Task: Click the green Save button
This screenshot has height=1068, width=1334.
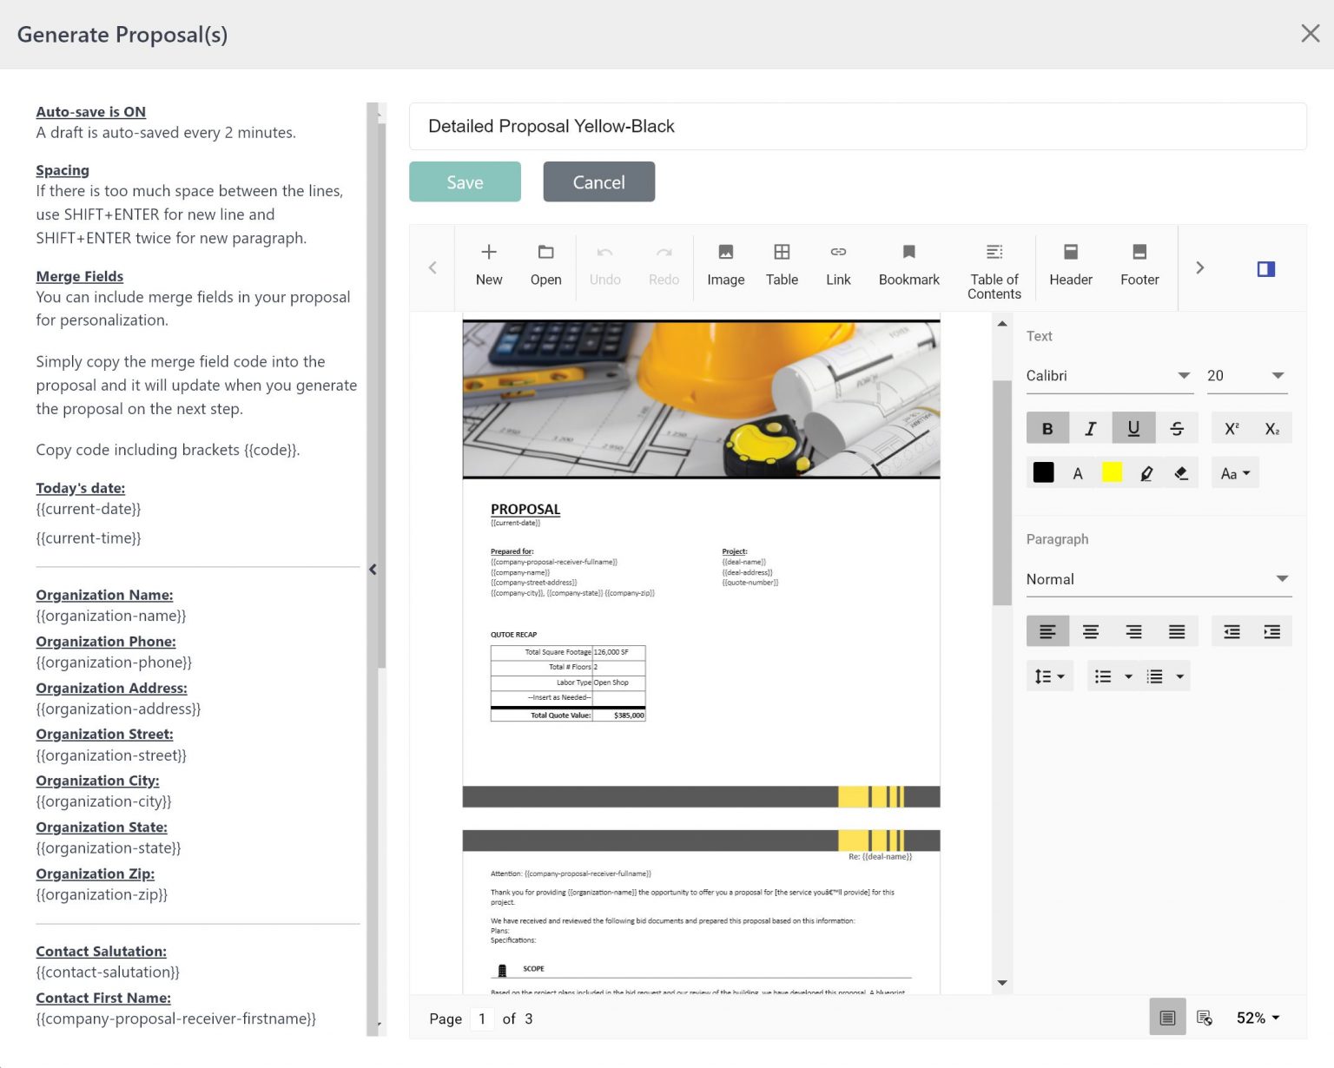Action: [x=465, y=182]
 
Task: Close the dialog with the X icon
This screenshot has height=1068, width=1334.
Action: [x=1310, y=34]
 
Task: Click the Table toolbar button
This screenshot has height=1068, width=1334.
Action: [x=782, y=265]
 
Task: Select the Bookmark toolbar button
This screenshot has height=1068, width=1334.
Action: [x=908, y=265]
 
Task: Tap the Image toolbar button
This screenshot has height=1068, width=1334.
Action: [x=725, y=265]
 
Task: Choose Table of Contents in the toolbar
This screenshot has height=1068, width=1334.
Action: [x=994, y=271]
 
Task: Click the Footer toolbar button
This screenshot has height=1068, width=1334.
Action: [x=1139, y=265]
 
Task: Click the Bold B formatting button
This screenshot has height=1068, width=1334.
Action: [x=1047, y=428]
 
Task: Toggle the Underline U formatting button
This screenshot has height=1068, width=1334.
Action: [x=1133, y=428]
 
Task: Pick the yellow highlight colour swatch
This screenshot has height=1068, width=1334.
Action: [x=1112, y=472]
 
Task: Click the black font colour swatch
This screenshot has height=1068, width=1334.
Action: [x=1043, y=472]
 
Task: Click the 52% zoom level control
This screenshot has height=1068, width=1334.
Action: [x=1258, y=1018]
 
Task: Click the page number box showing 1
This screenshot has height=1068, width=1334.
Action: [x=482, y=1019]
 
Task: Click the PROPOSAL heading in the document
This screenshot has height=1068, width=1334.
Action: [x=525, y=510]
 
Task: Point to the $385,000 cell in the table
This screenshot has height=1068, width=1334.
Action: [x=628, y=715]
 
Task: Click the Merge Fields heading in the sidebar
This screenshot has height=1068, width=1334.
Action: [x=80, y=276]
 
